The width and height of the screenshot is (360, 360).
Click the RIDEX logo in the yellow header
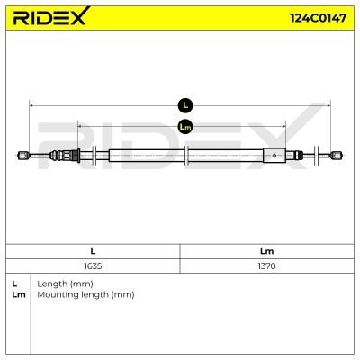(x=51, y=16)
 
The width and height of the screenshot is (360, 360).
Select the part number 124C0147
(x=318, y=18)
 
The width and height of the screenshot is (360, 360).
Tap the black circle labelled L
(x=185, y=105)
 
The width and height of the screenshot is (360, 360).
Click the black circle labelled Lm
(x=185, y=127)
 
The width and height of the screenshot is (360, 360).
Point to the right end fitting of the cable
(x=337, y=156)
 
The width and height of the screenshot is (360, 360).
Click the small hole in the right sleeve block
(x=274, y=156)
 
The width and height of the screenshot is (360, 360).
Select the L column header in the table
(x=93, y=251)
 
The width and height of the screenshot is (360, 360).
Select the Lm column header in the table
(x=266, y=251)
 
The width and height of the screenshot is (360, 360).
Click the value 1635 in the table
(x=93, y=266)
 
